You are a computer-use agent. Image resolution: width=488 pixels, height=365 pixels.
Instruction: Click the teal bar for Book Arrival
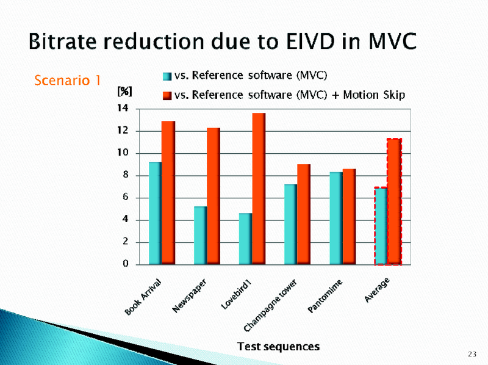pos(155,213)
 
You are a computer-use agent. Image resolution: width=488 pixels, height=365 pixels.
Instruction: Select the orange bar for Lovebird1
pos(258,189)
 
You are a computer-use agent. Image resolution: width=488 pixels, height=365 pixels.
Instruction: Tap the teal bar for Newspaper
pos(200,235)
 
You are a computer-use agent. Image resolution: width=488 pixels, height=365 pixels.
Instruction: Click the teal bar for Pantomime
pos(335,218)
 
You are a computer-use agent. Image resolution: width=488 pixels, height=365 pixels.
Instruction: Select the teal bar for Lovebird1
pos(245,239)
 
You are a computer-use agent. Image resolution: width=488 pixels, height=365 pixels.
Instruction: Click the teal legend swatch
pos(167,76)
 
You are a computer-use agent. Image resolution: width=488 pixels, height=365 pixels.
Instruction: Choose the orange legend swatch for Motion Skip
pos(167,95)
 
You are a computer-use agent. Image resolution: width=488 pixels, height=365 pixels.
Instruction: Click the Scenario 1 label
pos(67,80)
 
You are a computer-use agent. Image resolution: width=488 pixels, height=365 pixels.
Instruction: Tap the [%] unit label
pos(124,91)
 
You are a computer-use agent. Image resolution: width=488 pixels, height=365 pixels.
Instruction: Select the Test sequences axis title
pos(278,347)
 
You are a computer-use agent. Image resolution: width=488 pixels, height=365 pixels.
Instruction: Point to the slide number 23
pos(472,355)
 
